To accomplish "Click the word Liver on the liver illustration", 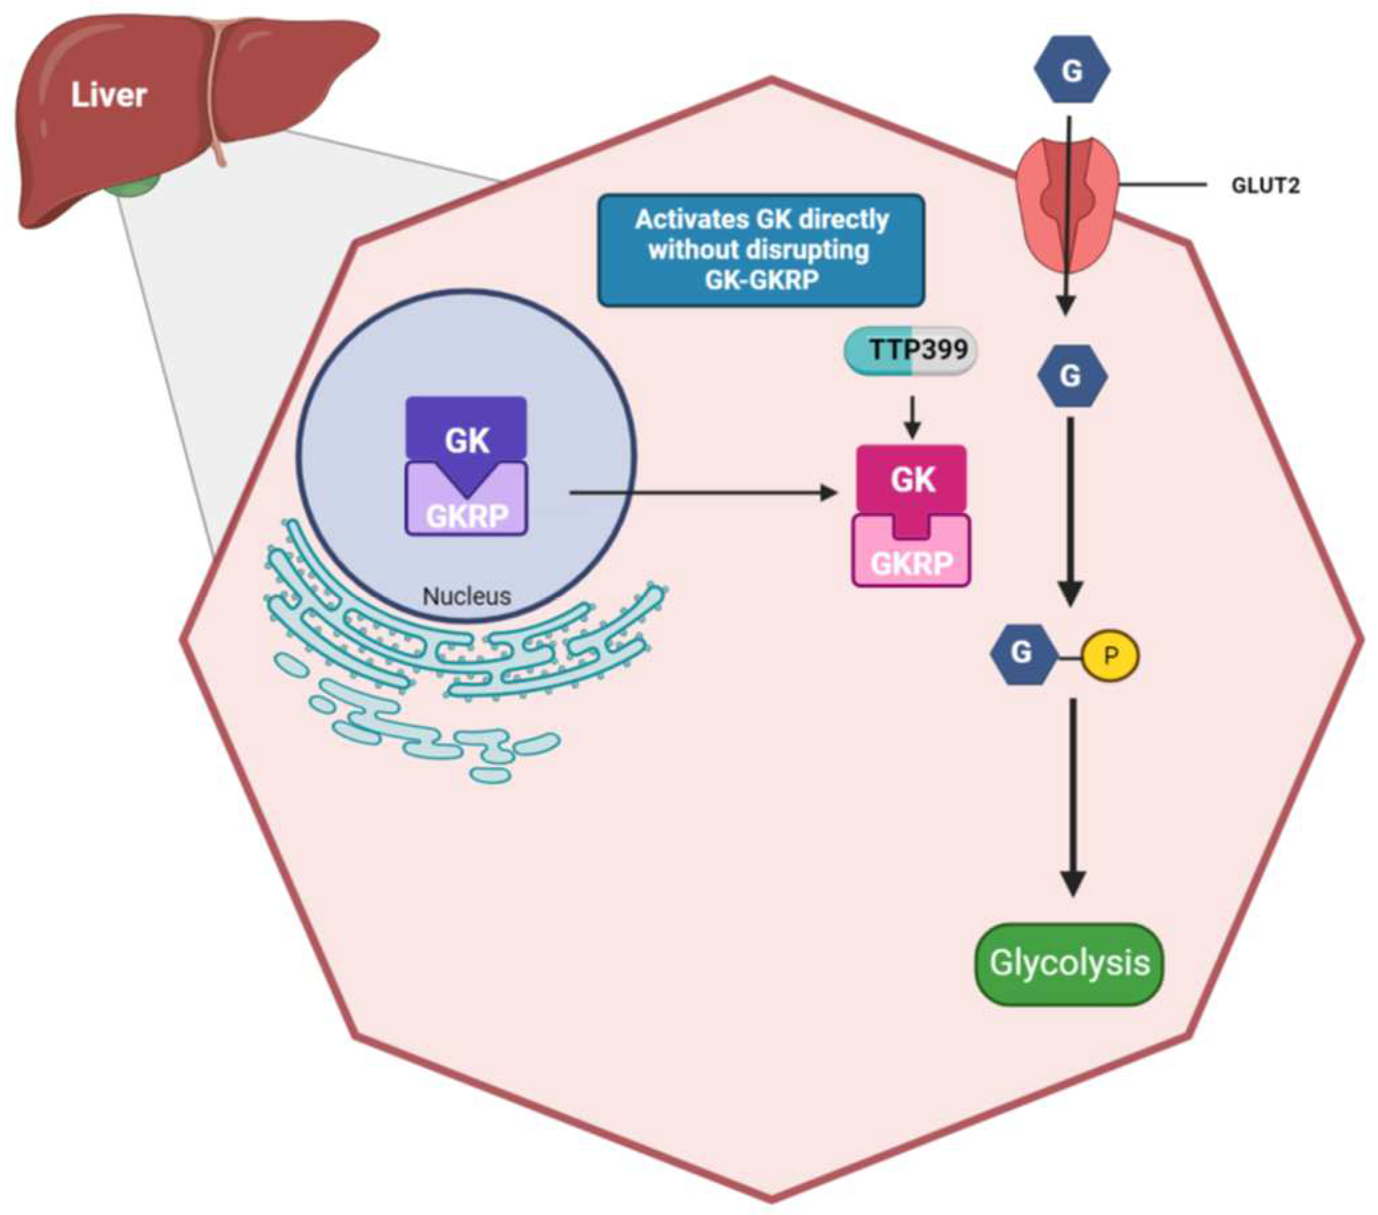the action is [108, 95].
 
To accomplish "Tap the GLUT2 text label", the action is [1266, 185].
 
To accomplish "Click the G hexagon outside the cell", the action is [1072, 69].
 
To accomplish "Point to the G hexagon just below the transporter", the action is [1072, 376].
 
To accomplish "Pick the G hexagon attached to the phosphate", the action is [1022, 653].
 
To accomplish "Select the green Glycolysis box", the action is [1070, 964].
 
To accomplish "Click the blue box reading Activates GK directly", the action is [761, 250].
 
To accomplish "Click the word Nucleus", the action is [467, 596].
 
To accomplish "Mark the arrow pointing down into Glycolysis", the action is [1072, 798].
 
